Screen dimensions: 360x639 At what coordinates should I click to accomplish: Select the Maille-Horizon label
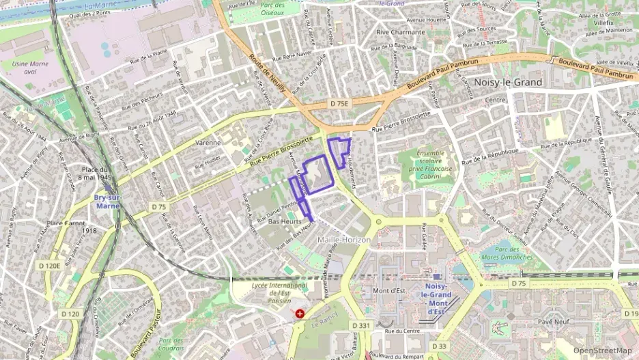point(344,240)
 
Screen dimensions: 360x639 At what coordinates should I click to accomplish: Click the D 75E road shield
point(339,104)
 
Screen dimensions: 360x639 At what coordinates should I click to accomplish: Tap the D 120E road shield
point(50,266)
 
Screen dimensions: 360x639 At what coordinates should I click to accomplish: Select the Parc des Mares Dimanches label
point(506,253)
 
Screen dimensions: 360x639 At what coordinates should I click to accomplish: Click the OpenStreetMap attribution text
point(602,350)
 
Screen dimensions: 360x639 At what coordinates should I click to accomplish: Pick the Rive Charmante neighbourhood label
point(400,32)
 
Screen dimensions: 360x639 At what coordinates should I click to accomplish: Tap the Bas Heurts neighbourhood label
point(285,223)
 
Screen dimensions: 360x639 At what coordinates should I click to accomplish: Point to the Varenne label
point(208,143)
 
